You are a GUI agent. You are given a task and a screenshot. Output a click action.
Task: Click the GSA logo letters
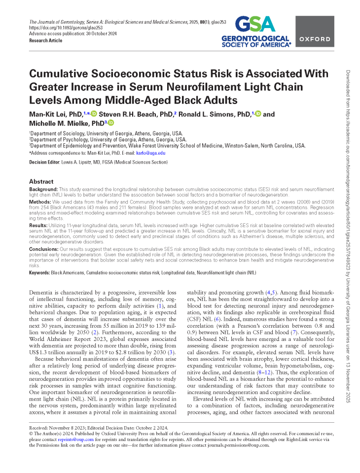pos(253,24)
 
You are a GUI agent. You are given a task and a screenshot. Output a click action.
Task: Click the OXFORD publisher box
pos(315,39)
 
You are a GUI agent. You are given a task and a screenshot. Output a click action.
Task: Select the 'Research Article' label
pos(46,40)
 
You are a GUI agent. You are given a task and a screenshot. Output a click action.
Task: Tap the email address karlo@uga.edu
pos(154,153)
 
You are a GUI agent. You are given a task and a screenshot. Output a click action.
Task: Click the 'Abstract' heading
pos(41,182)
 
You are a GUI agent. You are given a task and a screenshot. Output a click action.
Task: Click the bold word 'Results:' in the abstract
pos(38,224)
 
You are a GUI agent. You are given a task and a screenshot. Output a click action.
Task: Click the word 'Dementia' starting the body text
pos(44,293)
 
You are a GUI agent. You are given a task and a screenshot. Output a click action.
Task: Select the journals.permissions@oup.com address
pos(241,445)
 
